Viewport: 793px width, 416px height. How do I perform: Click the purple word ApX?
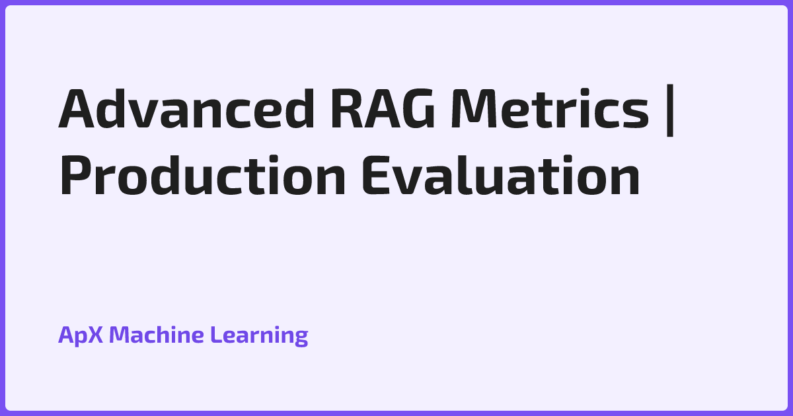point(81,335)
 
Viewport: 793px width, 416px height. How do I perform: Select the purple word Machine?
point(156,335)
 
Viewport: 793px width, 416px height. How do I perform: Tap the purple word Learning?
point(259,335)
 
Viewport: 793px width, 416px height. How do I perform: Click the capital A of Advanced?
point(76,108)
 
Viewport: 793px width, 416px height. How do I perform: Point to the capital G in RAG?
point(420,108)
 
